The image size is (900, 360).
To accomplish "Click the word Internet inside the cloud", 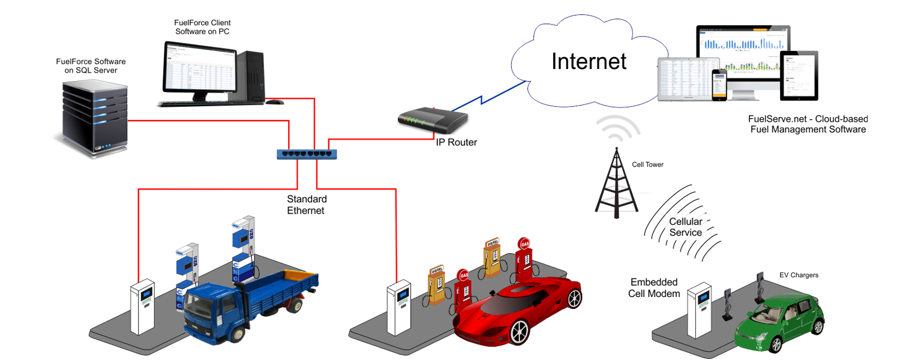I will [x=589, y=61].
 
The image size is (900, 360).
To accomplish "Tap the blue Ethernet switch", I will [x=307, y=154].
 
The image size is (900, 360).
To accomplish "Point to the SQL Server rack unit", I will [x=94, y=118].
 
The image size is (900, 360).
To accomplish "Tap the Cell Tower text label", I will [x=648, y=164].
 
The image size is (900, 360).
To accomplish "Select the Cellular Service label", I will [x=685, y=227].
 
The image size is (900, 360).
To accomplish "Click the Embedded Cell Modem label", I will [x=653, y=287].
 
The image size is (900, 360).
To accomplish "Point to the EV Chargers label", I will [x=799, y=275].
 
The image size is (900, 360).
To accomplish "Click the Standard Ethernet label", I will [x=306, y=205].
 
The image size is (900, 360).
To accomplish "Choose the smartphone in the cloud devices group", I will [x=719, y=85].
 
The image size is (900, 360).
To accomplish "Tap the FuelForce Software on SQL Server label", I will [x=91, y=66].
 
